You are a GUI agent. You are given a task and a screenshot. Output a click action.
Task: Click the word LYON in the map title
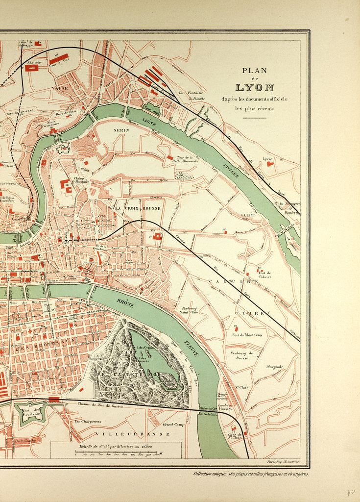pyautogui.click(x=254, y=88)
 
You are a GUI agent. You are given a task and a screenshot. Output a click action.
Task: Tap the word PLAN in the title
pyautogui.click(x=254, y=70)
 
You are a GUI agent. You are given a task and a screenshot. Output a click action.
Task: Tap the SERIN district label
pyautogui.click(x=120, y=130)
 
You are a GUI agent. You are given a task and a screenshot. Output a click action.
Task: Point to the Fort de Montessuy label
pyautogui.click(x=247, y=335)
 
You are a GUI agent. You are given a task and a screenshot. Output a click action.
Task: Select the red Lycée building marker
pyautogui.click(x=270, y=164)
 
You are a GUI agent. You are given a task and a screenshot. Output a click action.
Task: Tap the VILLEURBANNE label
pyautogui.click(x=133, y=434)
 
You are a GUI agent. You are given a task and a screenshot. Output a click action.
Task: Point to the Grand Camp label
pyautogui.click(x=173, y=425)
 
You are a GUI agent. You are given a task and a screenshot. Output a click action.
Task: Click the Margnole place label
pyautogui.click(x=275, y=366)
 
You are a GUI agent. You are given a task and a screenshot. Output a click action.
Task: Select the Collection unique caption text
pyautogui.click(x=250, y=474)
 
